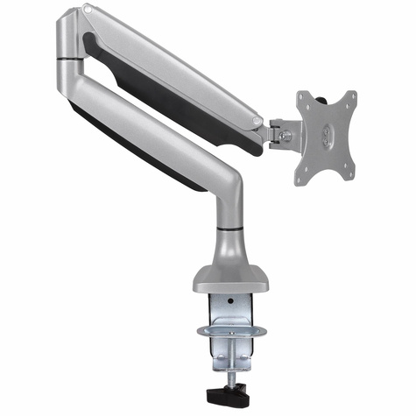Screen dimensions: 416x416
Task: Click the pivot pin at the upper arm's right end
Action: pos(255,122)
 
